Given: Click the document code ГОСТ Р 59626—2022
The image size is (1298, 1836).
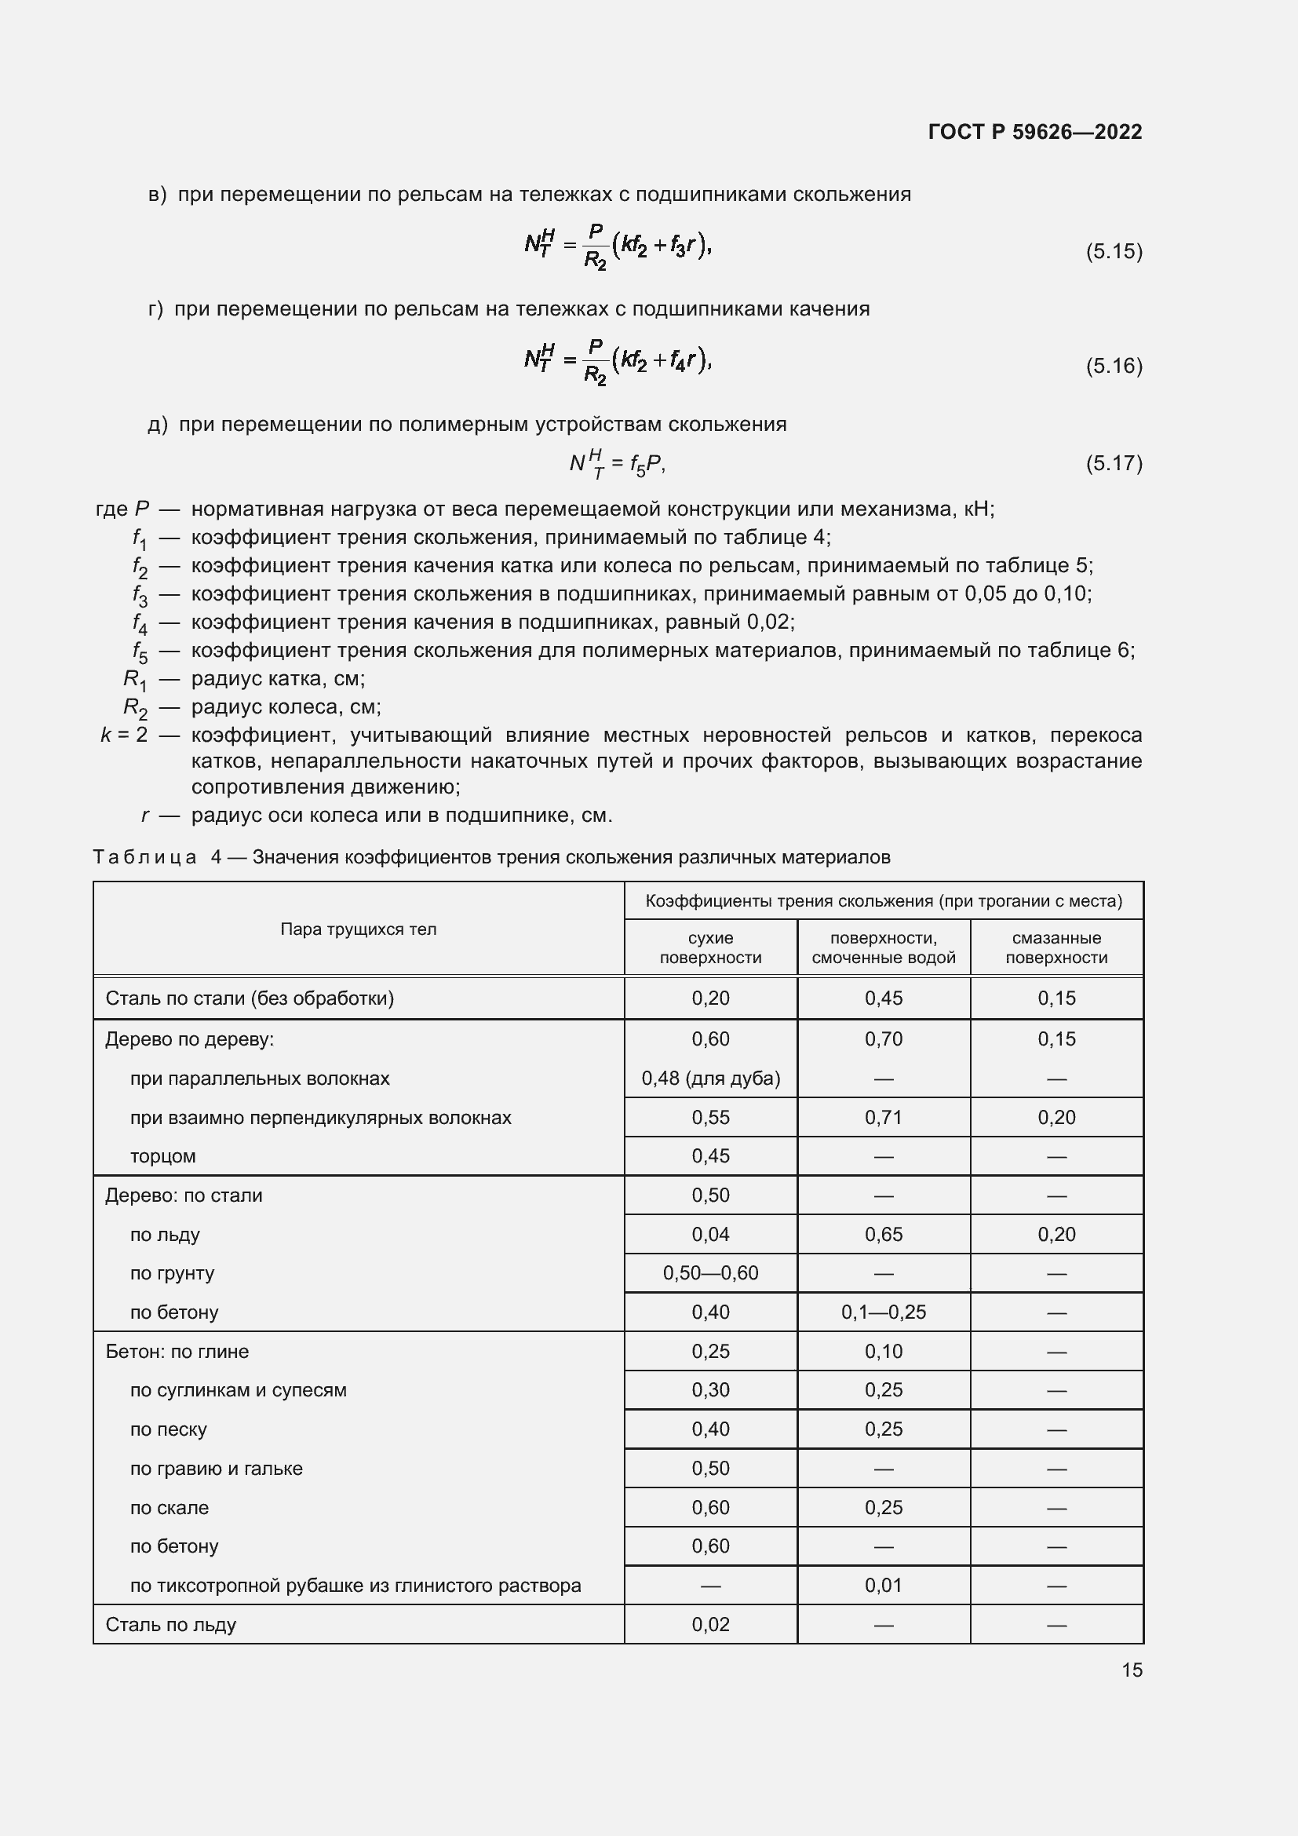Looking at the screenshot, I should [1035, 132].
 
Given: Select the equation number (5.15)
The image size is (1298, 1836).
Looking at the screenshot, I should [1114, 252].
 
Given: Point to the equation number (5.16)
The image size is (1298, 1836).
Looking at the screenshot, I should [1114, 367].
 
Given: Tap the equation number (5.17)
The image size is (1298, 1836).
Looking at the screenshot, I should [1114, 464].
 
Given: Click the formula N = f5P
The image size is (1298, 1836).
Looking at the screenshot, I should [617, 464].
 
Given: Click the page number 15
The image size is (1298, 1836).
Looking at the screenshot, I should [1132, 1670].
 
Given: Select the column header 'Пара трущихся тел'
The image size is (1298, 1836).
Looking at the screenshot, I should [358, 929].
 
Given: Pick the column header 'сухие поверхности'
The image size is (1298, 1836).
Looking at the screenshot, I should [709, 947].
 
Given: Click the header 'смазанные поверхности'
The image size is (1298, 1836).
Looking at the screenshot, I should [1056, 947].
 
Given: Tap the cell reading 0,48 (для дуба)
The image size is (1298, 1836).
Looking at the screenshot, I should [709, 1079].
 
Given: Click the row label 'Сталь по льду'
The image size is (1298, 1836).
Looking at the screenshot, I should [171, 1625].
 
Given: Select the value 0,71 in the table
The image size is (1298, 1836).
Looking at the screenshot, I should [883, 1118].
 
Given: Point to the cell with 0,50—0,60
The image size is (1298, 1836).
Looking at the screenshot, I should [709, 1273].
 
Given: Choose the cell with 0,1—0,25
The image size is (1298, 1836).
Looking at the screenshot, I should [883, 1312].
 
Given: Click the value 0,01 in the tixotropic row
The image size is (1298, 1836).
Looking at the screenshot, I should [883, 1586].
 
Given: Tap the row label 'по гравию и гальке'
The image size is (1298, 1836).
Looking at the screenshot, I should [216, 1469].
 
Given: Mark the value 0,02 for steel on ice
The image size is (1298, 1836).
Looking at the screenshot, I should [709, 1625].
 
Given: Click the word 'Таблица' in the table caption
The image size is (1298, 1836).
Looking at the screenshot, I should [144, 858].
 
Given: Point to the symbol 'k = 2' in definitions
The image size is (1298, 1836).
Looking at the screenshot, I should [124, 735].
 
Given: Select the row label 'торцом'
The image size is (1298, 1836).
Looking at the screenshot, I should [163, 1156].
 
